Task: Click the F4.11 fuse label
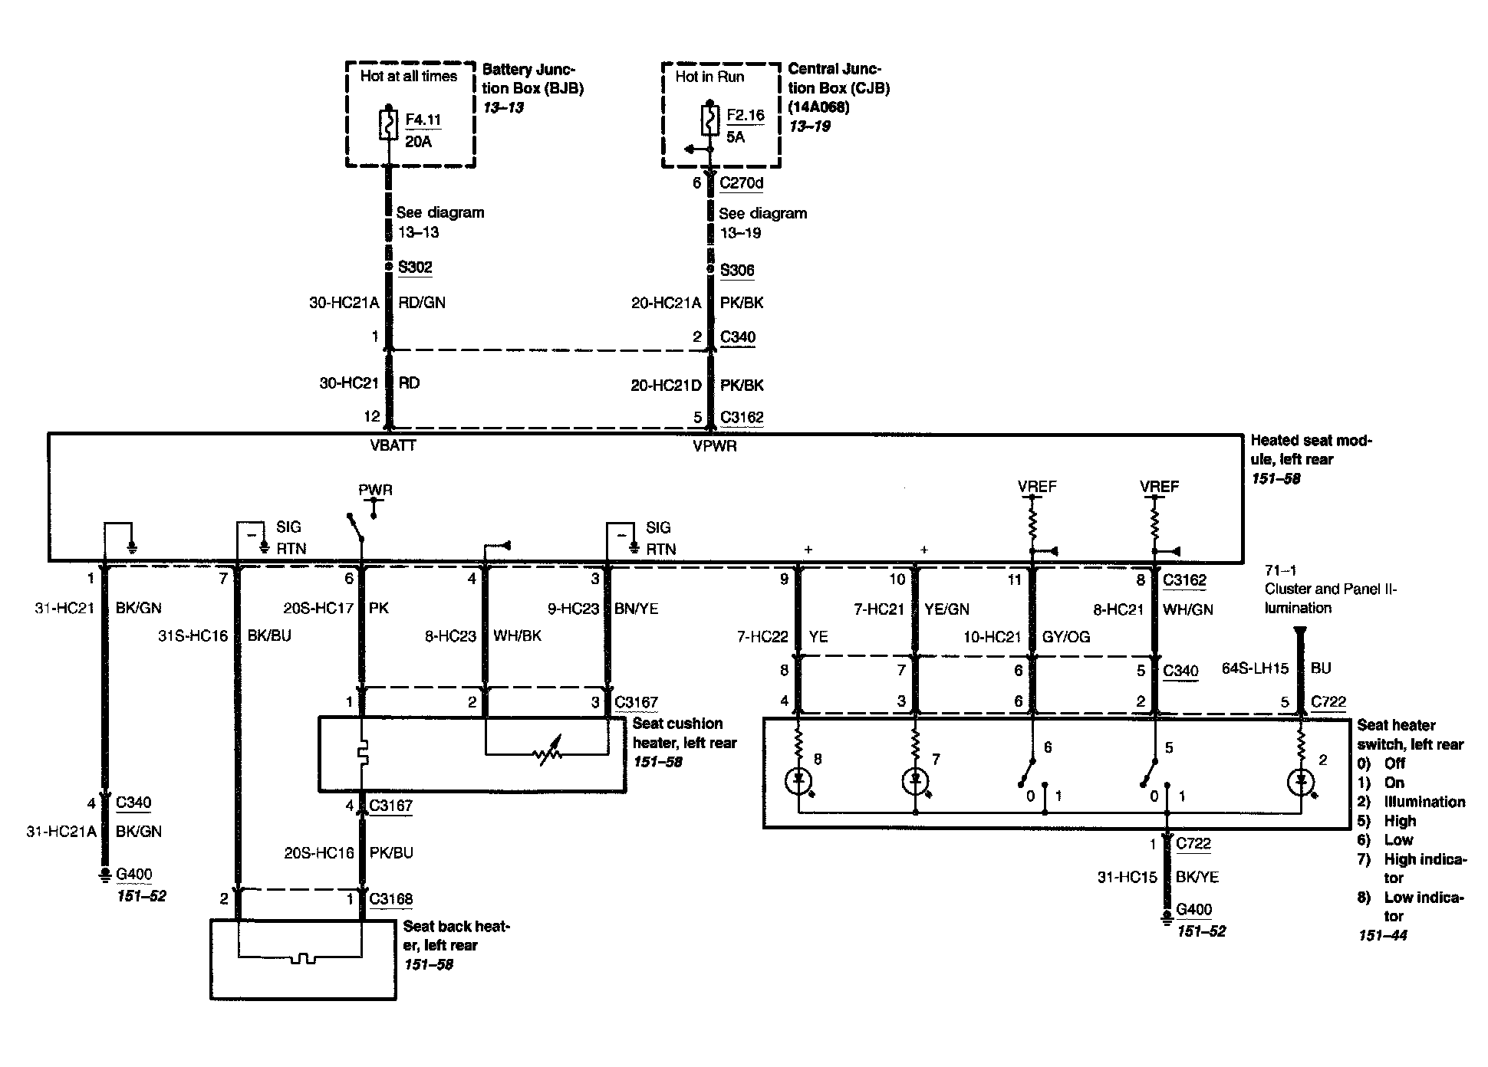423,120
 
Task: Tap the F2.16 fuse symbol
709,121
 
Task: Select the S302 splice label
415,268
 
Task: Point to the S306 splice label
737,270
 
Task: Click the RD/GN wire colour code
421,303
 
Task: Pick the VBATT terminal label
393,445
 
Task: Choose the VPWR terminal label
714,446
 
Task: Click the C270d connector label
741,183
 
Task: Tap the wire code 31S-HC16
193,636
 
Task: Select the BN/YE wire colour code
636,609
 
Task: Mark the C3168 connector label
390,898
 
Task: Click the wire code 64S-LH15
1255,668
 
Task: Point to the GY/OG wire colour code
1065,637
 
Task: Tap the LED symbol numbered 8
798,781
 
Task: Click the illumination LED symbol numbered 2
1300,782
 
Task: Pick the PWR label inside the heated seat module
375,490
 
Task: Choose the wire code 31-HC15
1127,877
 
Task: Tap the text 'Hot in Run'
709,77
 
